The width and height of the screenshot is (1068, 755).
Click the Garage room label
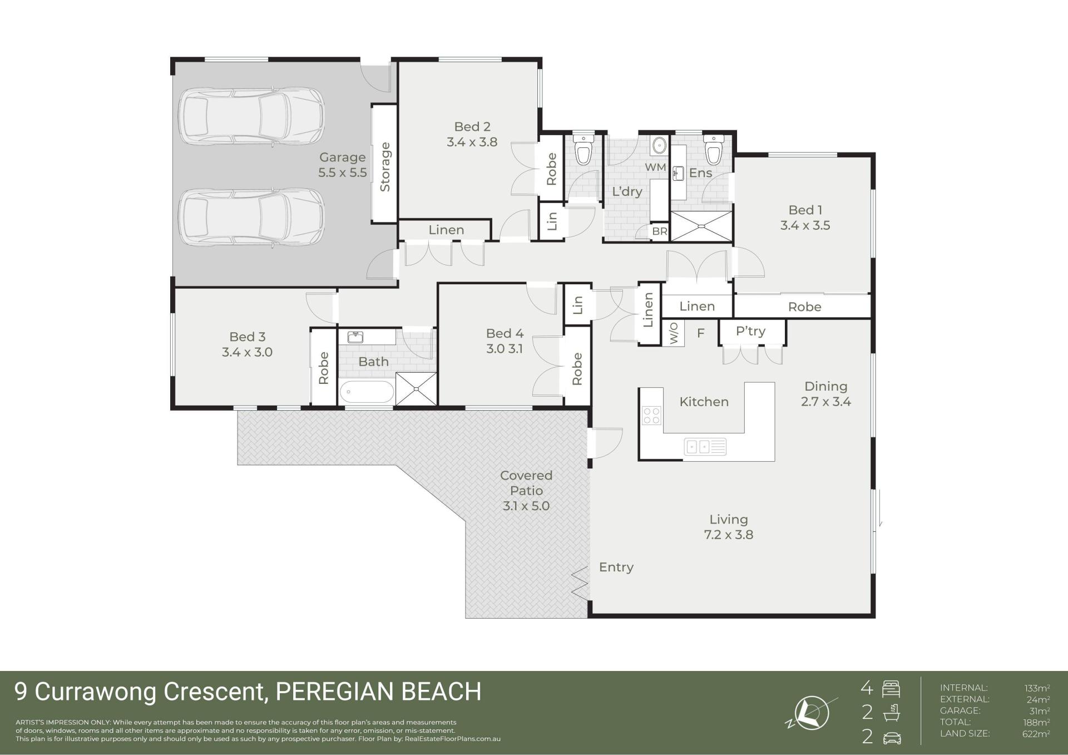pyautogui.click(x=342, y=157)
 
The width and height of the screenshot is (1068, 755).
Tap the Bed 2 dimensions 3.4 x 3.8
pyautogui.click(x=472, y=142)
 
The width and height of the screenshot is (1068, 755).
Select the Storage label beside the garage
pyautogui.click(x=385, y=167)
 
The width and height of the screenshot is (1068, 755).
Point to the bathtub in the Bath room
pyautogui.click(x=367, y=392)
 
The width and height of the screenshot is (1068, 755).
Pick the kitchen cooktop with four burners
pyautogui.click(x=651, y=415)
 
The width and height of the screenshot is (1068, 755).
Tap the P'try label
pyautogui.click(x=750, y=331)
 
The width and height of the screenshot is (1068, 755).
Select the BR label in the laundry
pyautogui.click(x=660, y=231)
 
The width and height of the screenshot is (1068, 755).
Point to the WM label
pyautogui.click(x=655, y=167)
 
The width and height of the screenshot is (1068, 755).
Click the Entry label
pyautogui.click(x=616, y=568)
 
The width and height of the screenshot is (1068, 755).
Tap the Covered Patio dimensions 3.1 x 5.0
pyautogui.click(x=526, y=506)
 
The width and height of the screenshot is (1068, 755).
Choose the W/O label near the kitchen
pyautogui.click(x=674, y=333)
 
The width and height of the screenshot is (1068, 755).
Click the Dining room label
pyautogui.click(x=826, y=386)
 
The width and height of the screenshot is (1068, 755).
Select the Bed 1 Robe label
pyautogui.click(x=804, y=307)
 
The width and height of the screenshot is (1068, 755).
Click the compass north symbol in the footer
pyautogui.click(x=812, y=713)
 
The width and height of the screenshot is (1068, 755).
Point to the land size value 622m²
pyautogui.click(x=1036, y=733)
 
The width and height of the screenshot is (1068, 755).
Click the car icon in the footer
pyautogui.click(x=892, y=738)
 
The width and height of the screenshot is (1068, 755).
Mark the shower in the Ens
pyautogui.click(x=701, y=226)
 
